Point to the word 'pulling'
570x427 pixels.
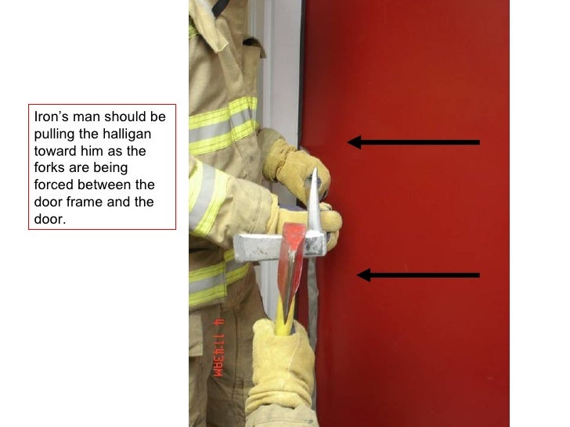[55, 134]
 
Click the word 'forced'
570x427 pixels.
[53, 185]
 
